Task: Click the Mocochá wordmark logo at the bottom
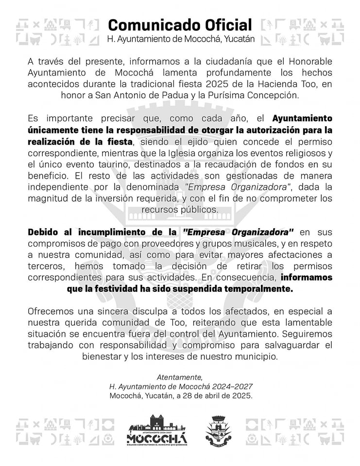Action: [156, 431]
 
